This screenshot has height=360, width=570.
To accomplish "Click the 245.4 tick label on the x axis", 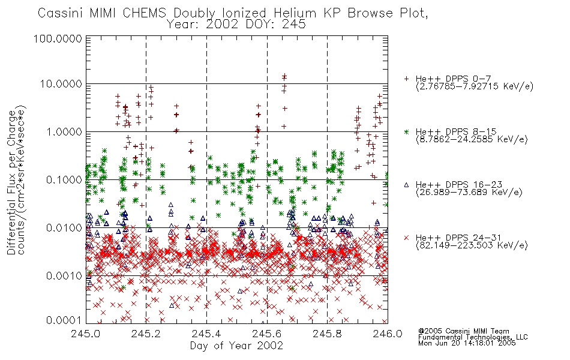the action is [206, 334].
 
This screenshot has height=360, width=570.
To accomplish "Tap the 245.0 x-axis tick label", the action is [86, 334].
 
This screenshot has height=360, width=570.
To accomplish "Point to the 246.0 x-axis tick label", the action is [388, 334].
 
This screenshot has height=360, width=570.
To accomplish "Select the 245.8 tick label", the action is [327, 334].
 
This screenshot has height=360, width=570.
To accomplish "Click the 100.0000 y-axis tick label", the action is [58, 38].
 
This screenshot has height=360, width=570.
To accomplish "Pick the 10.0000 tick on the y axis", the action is [61, 84].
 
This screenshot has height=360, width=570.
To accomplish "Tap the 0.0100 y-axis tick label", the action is [64, 228].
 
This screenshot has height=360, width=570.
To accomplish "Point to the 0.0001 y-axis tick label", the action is [64, 320].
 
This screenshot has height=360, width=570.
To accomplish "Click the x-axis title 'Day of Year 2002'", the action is [236, 346].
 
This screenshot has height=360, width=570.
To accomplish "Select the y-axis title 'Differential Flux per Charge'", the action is [11, 182].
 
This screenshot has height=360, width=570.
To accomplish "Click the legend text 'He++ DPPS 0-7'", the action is [454, 79].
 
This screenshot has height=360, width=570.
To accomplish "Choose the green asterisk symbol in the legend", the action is [406, 131].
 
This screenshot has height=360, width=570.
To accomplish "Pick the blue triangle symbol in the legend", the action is [406, 185].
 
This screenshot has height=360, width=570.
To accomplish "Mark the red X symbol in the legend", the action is [406, 238].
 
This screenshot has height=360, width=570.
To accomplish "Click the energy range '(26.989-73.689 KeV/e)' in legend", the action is [469, 192].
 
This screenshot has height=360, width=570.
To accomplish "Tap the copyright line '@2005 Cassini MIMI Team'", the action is [463, 331].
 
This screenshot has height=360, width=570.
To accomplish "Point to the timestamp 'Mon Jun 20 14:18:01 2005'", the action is [467, 343].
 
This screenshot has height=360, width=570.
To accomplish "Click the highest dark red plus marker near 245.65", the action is [284, 76].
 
